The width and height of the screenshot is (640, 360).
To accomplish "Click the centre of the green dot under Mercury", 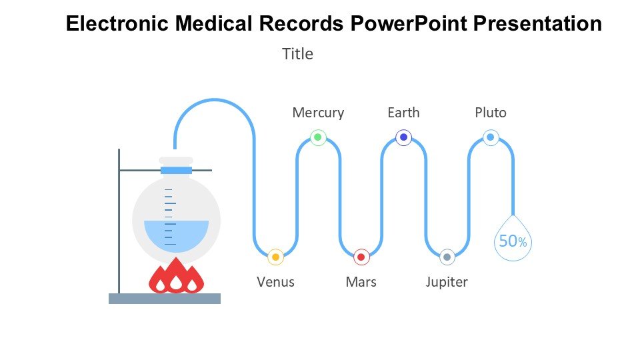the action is (318, 137).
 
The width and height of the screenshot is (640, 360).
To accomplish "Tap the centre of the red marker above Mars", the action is (361, 257).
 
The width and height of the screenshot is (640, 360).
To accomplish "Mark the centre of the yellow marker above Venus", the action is (275, 257).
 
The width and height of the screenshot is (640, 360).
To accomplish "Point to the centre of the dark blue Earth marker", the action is (404, 137).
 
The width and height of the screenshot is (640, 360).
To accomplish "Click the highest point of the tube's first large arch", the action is (215, 99).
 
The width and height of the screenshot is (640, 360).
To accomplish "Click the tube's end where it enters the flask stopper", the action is (175, 149).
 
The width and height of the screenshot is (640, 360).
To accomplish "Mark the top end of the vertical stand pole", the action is (119, 149).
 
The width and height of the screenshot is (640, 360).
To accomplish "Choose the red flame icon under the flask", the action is (176, 275).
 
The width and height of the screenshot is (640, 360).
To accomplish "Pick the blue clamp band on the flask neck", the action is (176, 170).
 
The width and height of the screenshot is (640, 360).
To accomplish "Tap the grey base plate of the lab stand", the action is (165, 299).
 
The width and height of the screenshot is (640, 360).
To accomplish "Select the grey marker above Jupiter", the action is (447, 257).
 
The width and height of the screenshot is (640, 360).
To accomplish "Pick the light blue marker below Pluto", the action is (491, 137).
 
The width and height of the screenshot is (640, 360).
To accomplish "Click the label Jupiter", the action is (447, 282).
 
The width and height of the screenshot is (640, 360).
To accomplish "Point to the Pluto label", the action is (491, 112).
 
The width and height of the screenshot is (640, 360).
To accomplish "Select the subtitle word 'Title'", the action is (297, 54).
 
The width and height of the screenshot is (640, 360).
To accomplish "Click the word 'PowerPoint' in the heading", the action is (409, 24).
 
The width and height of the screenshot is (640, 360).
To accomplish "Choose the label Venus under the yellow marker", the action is (275, 282).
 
